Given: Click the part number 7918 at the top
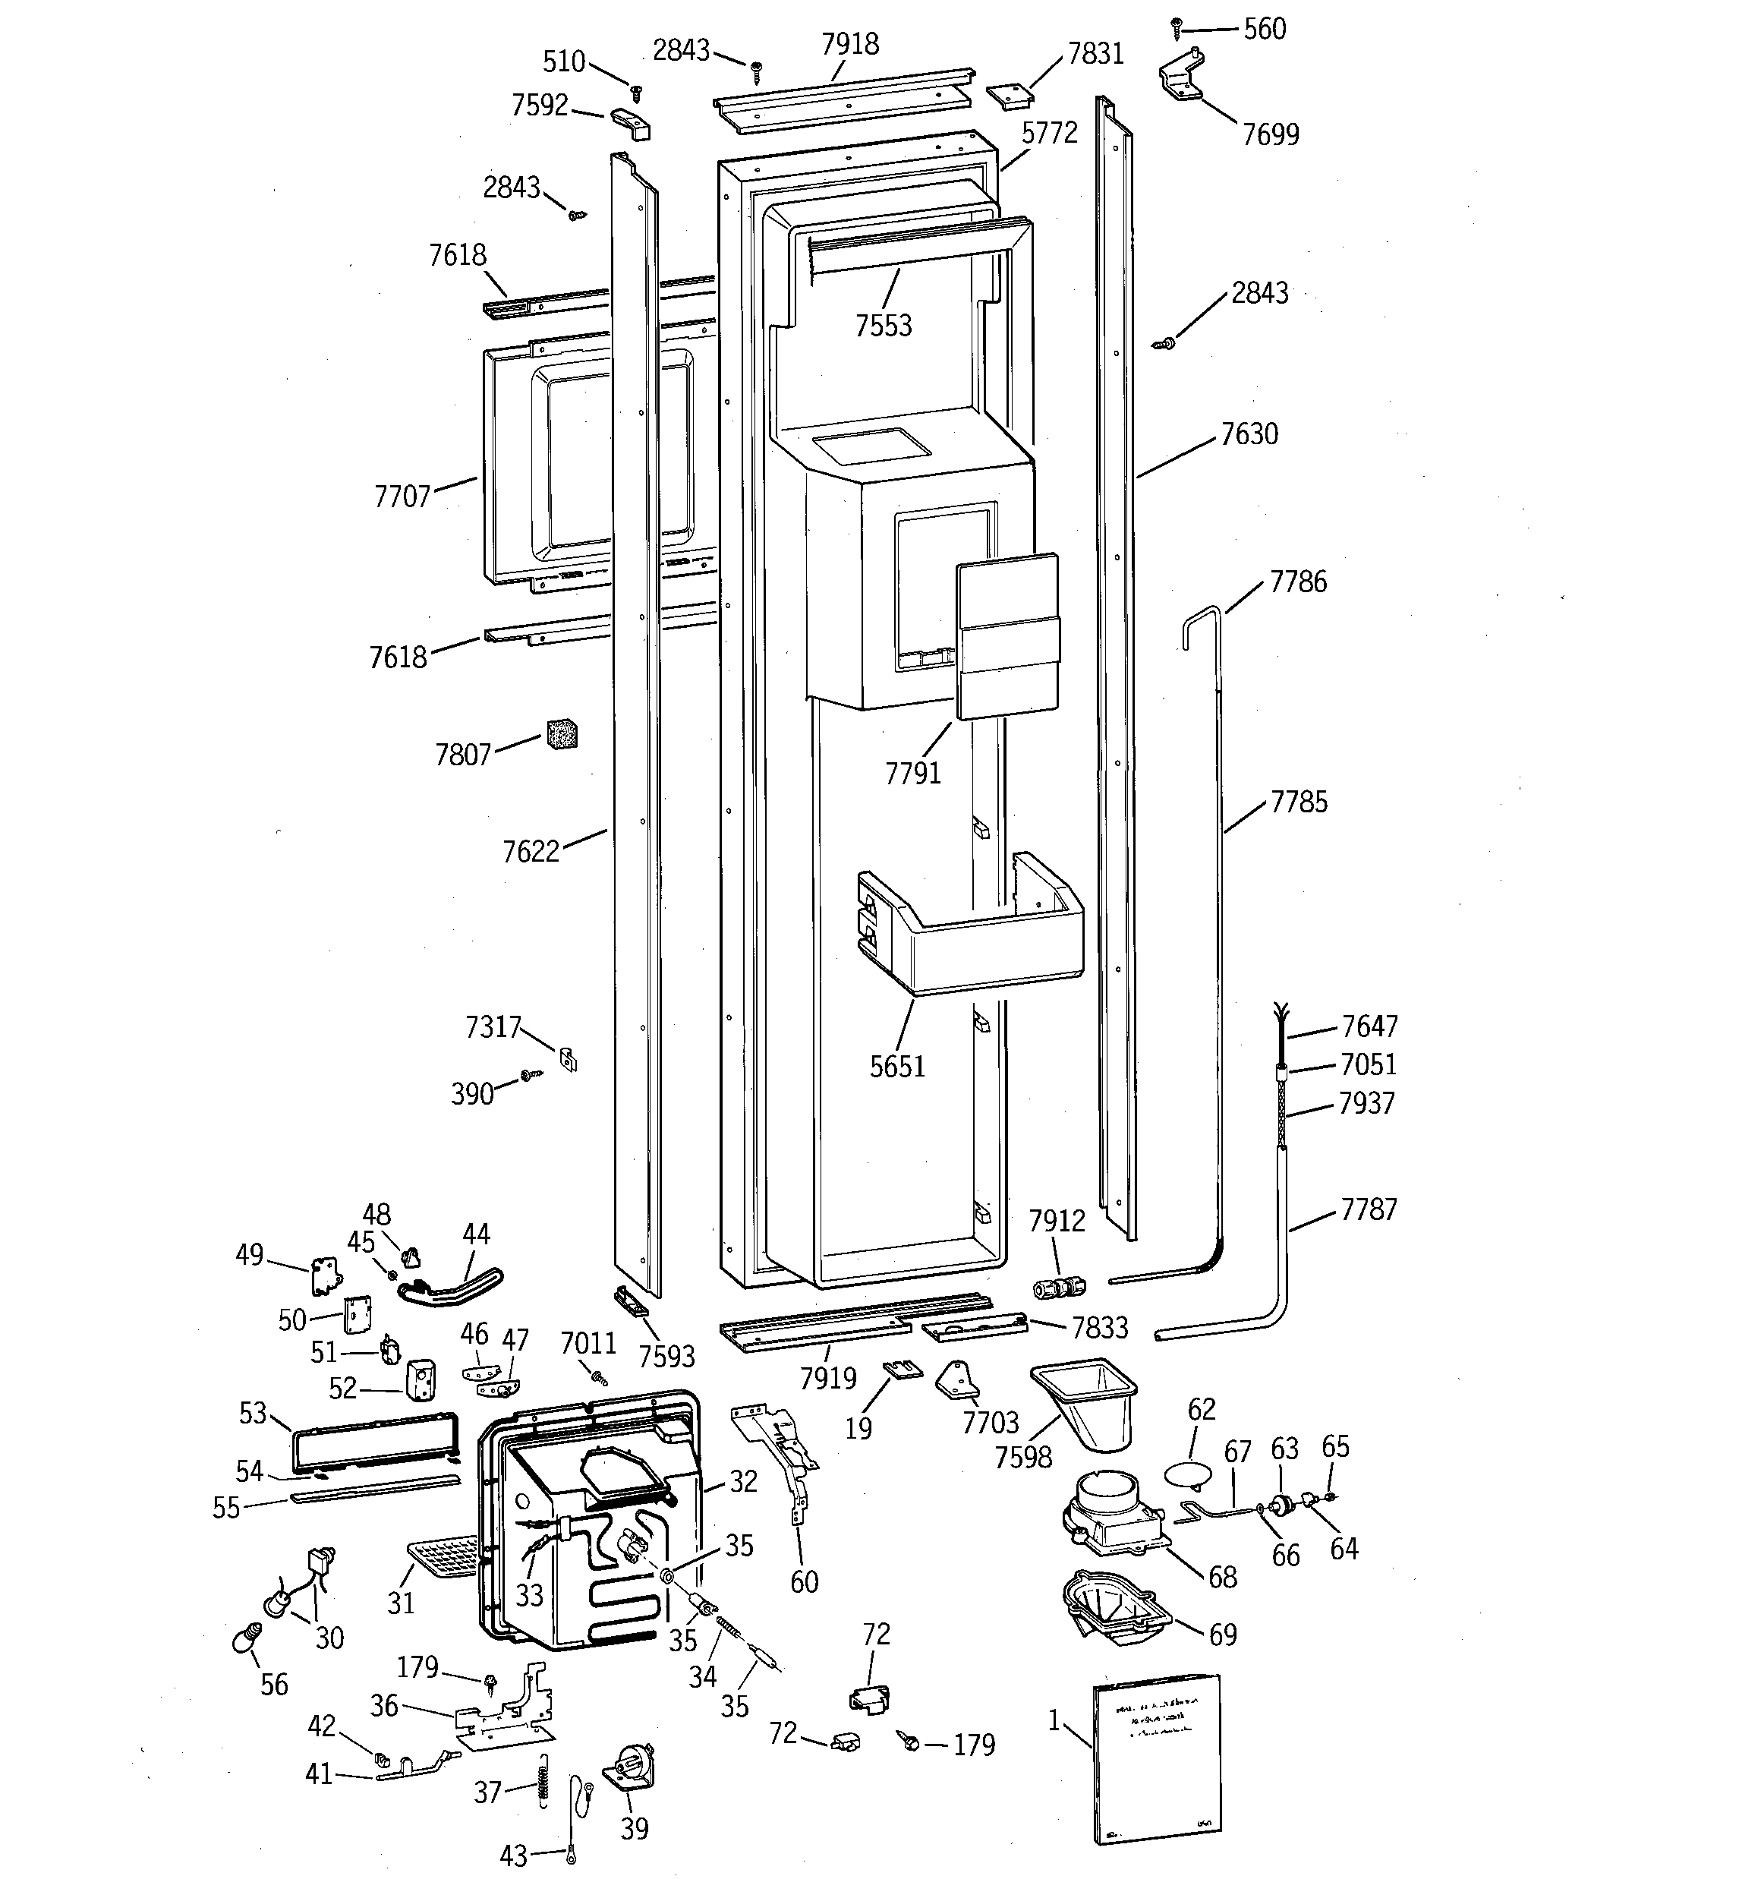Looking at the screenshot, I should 850,45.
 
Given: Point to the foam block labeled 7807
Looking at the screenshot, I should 562,734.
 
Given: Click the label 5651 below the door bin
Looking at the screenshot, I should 897,1066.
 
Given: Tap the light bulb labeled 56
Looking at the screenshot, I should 245,1637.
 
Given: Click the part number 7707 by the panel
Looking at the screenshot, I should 402,497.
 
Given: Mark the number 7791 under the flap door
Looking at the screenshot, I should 912,773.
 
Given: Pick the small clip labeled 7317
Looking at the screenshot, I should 567,1058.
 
